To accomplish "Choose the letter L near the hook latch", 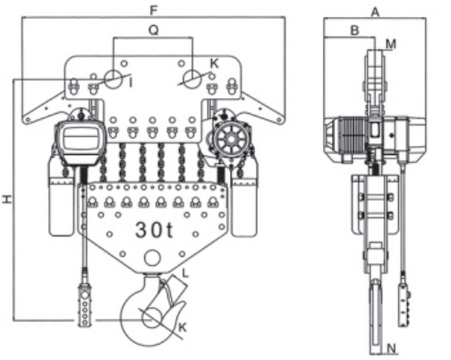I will click(x=184, y=270).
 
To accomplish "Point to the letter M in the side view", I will click(x=391, y=42).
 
